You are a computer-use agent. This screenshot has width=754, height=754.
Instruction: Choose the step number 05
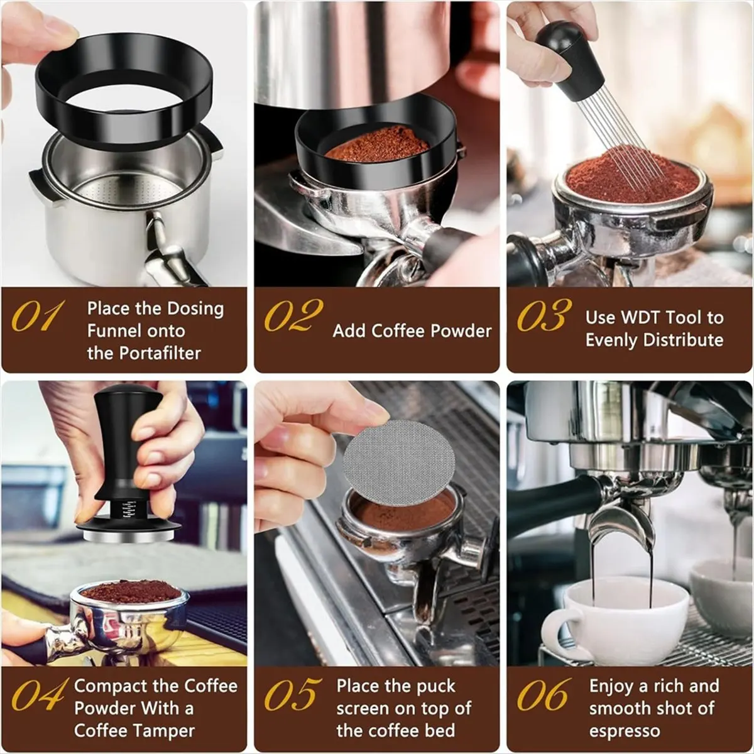click(x=291, y=694)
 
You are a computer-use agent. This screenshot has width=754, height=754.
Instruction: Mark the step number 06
click(x=544, y=694)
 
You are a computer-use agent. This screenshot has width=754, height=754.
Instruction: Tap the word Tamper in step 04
click(x=165, y=731)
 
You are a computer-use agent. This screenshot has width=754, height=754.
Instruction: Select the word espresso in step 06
click(x=625, y=731)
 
